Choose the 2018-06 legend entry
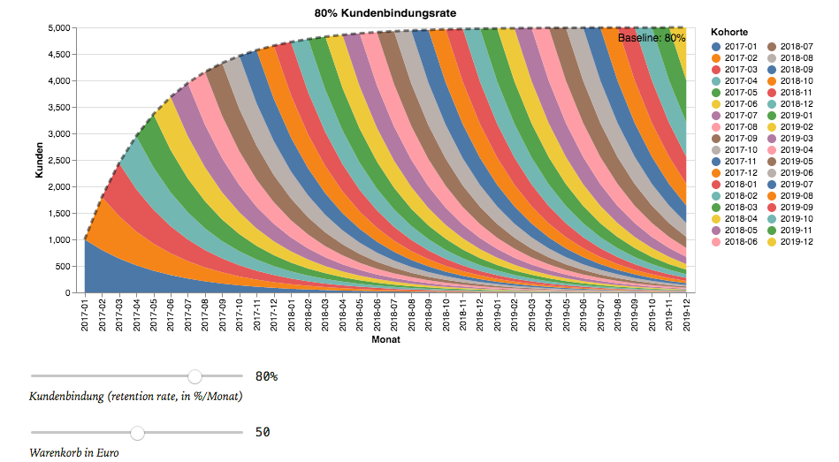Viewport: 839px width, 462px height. [x=740, y=241]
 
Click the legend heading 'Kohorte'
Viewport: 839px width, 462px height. [x=729, y=33]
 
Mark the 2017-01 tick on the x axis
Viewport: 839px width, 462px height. [x=86, y=314]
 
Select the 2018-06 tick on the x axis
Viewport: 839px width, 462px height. [x=377, y=314]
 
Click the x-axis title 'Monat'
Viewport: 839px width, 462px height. [x=385, y=339]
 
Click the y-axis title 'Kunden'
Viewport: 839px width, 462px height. [x=40, y=161]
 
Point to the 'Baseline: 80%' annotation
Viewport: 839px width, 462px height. [x=652, y=38]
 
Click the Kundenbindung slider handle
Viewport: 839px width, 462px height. [x=195, y=377]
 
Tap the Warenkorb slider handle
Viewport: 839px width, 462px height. [x=137, y=433]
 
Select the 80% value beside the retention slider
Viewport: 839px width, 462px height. [x=266, y=376]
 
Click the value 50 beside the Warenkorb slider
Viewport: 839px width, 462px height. [x=263, y=432]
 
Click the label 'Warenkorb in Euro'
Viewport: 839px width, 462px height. [x=74, y=452]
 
